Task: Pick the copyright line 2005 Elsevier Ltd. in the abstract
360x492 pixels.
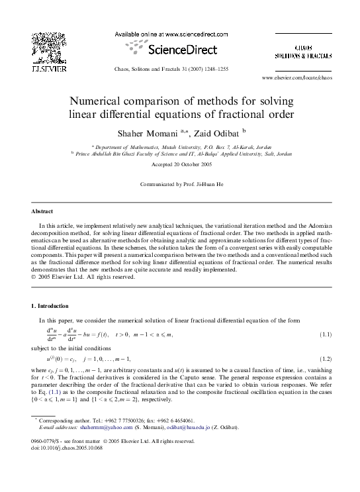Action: pos(85,277)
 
